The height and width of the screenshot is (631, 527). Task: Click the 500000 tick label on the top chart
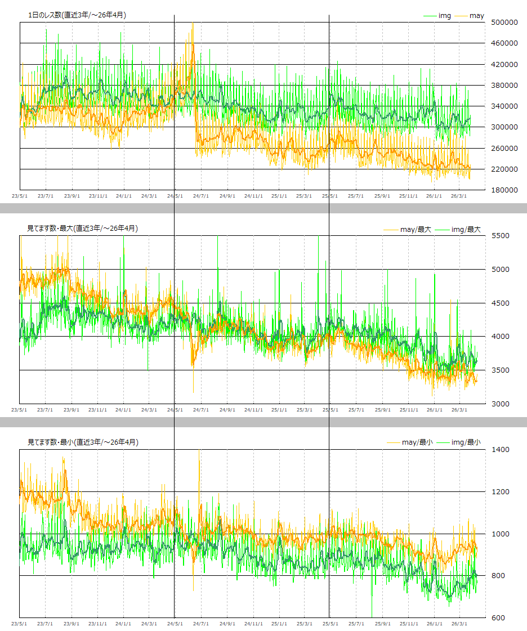[x=504, y=23]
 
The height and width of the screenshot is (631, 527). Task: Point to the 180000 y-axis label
[x=504, y=190]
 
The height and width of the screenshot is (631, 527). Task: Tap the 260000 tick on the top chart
[x=504, y=148]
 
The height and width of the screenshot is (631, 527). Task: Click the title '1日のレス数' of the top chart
[x=77, y=15]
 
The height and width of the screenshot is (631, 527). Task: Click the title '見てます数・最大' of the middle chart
[x=82, y=229]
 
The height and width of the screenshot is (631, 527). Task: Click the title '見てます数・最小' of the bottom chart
[x=82, y=442]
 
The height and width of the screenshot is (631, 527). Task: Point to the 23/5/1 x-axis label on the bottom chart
[x=19, y=624]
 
